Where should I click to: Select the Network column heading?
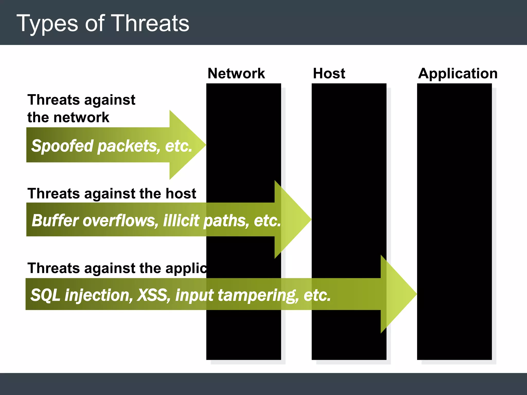tap(236, 74)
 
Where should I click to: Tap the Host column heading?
tap(329, 74)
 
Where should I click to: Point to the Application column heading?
tap(458, 74)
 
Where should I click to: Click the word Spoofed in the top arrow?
tap(62, 146)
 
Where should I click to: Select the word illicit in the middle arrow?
tap(181, 220)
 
